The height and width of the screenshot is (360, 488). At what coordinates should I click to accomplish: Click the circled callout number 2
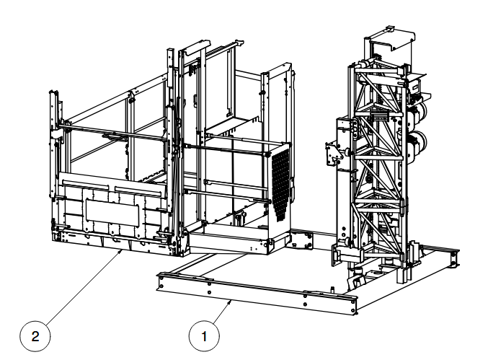point(35,336)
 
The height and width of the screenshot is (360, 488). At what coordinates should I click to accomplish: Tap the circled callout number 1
point(204,336)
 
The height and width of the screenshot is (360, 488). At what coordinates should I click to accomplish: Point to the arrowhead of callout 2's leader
point(120,252)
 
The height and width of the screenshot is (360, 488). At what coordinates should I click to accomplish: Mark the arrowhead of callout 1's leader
point(230,302)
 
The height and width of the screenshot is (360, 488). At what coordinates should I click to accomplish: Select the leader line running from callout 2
point(84,289)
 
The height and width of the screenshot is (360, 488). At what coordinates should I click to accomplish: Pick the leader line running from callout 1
point(222,312)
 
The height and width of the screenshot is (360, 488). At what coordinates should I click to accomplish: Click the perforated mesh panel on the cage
point(281,184)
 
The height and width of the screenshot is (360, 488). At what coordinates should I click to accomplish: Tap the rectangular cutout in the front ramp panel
point(112,214)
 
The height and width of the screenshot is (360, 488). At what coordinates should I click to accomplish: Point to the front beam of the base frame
point(257,294)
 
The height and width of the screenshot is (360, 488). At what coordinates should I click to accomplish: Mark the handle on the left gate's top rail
point(111,136)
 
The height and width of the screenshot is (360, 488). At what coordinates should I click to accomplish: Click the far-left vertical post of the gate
point(53,144)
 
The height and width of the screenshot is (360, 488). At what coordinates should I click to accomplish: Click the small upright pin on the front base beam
point(332,289)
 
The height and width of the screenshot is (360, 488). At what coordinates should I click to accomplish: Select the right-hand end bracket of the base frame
point(455,258)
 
